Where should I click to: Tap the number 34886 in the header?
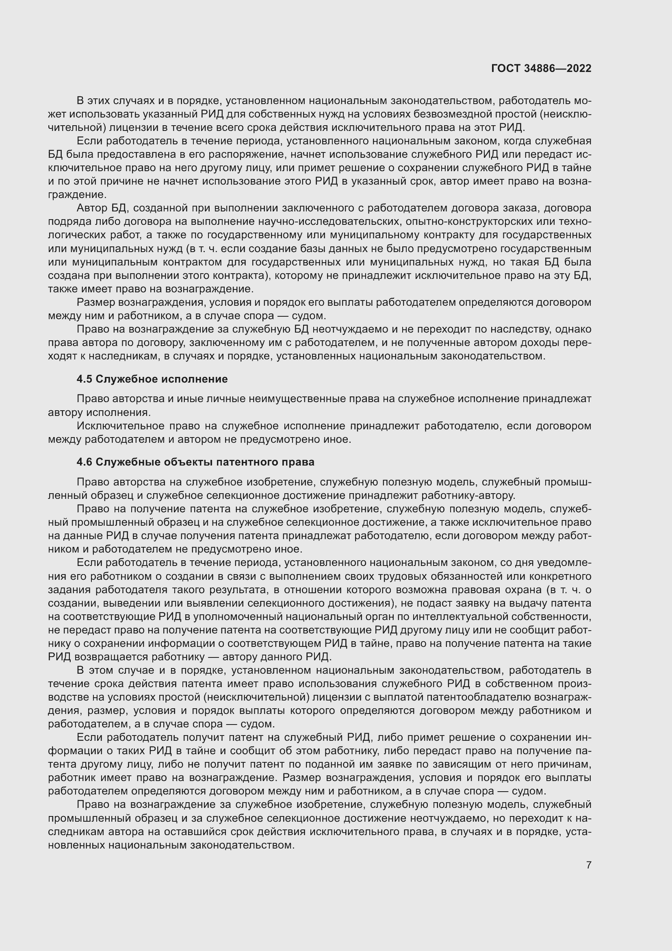tap(539, 68)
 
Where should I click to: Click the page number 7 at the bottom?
tap(588, 865)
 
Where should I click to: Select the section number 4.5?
tap(85, 379)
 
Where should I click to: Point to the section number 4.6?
tap(85, 462)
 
